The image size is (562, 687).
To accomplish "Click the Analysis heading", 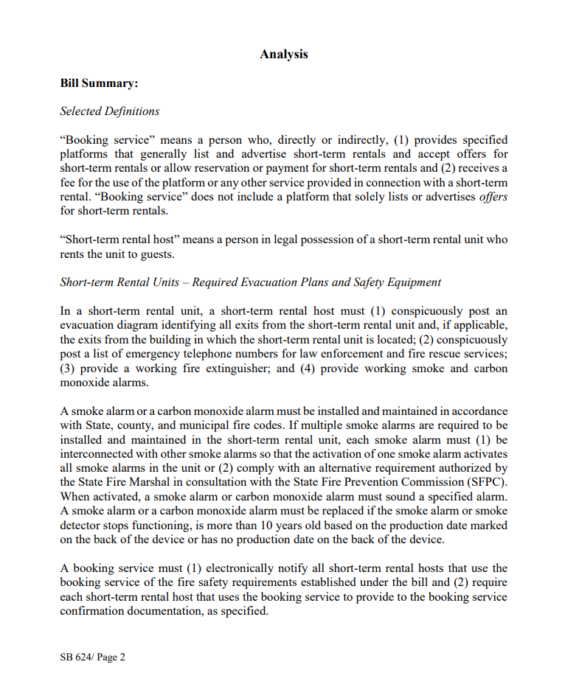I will (283, 54).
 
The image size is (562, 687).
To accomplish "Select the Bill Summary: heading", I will (99, 83).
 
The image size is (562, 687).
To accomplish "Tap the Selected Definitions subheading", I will (109, 111).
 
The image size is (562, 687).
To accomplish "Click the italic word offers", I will (493, 197).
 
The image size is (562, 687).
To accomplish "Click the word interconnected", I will (96, 453).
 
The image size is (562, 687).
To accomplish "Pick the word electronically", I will (245, 568).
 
